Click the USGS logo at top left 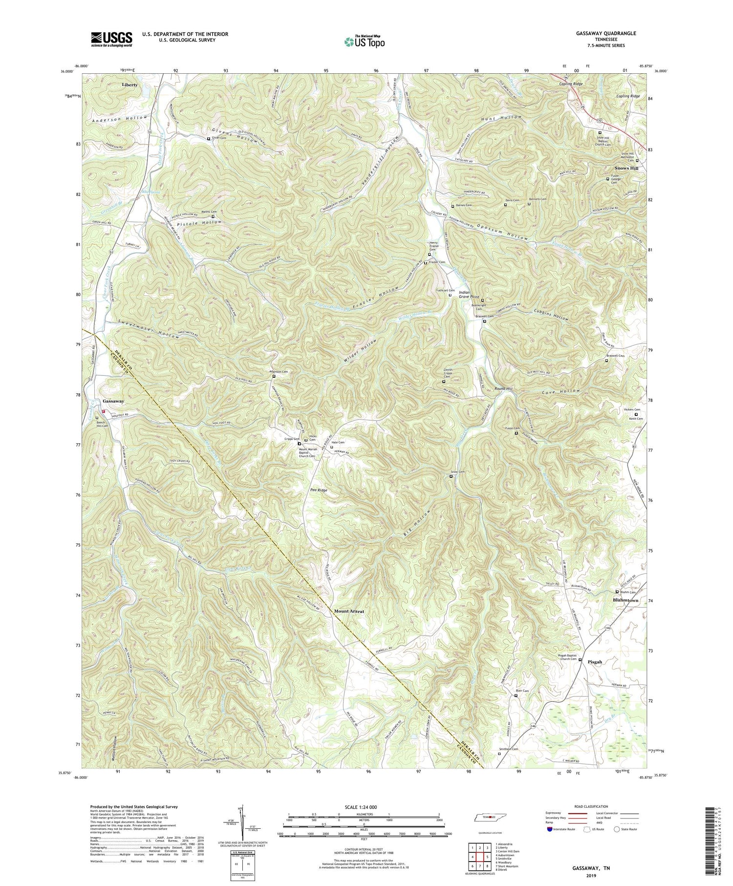[111, 39]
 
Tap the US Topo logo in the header [364, 41]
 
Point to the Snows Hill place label [626, 169]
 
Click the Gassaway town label [114, 401]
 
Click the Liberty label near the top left [130, 85]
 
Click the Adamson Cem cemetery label [279, 372]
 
